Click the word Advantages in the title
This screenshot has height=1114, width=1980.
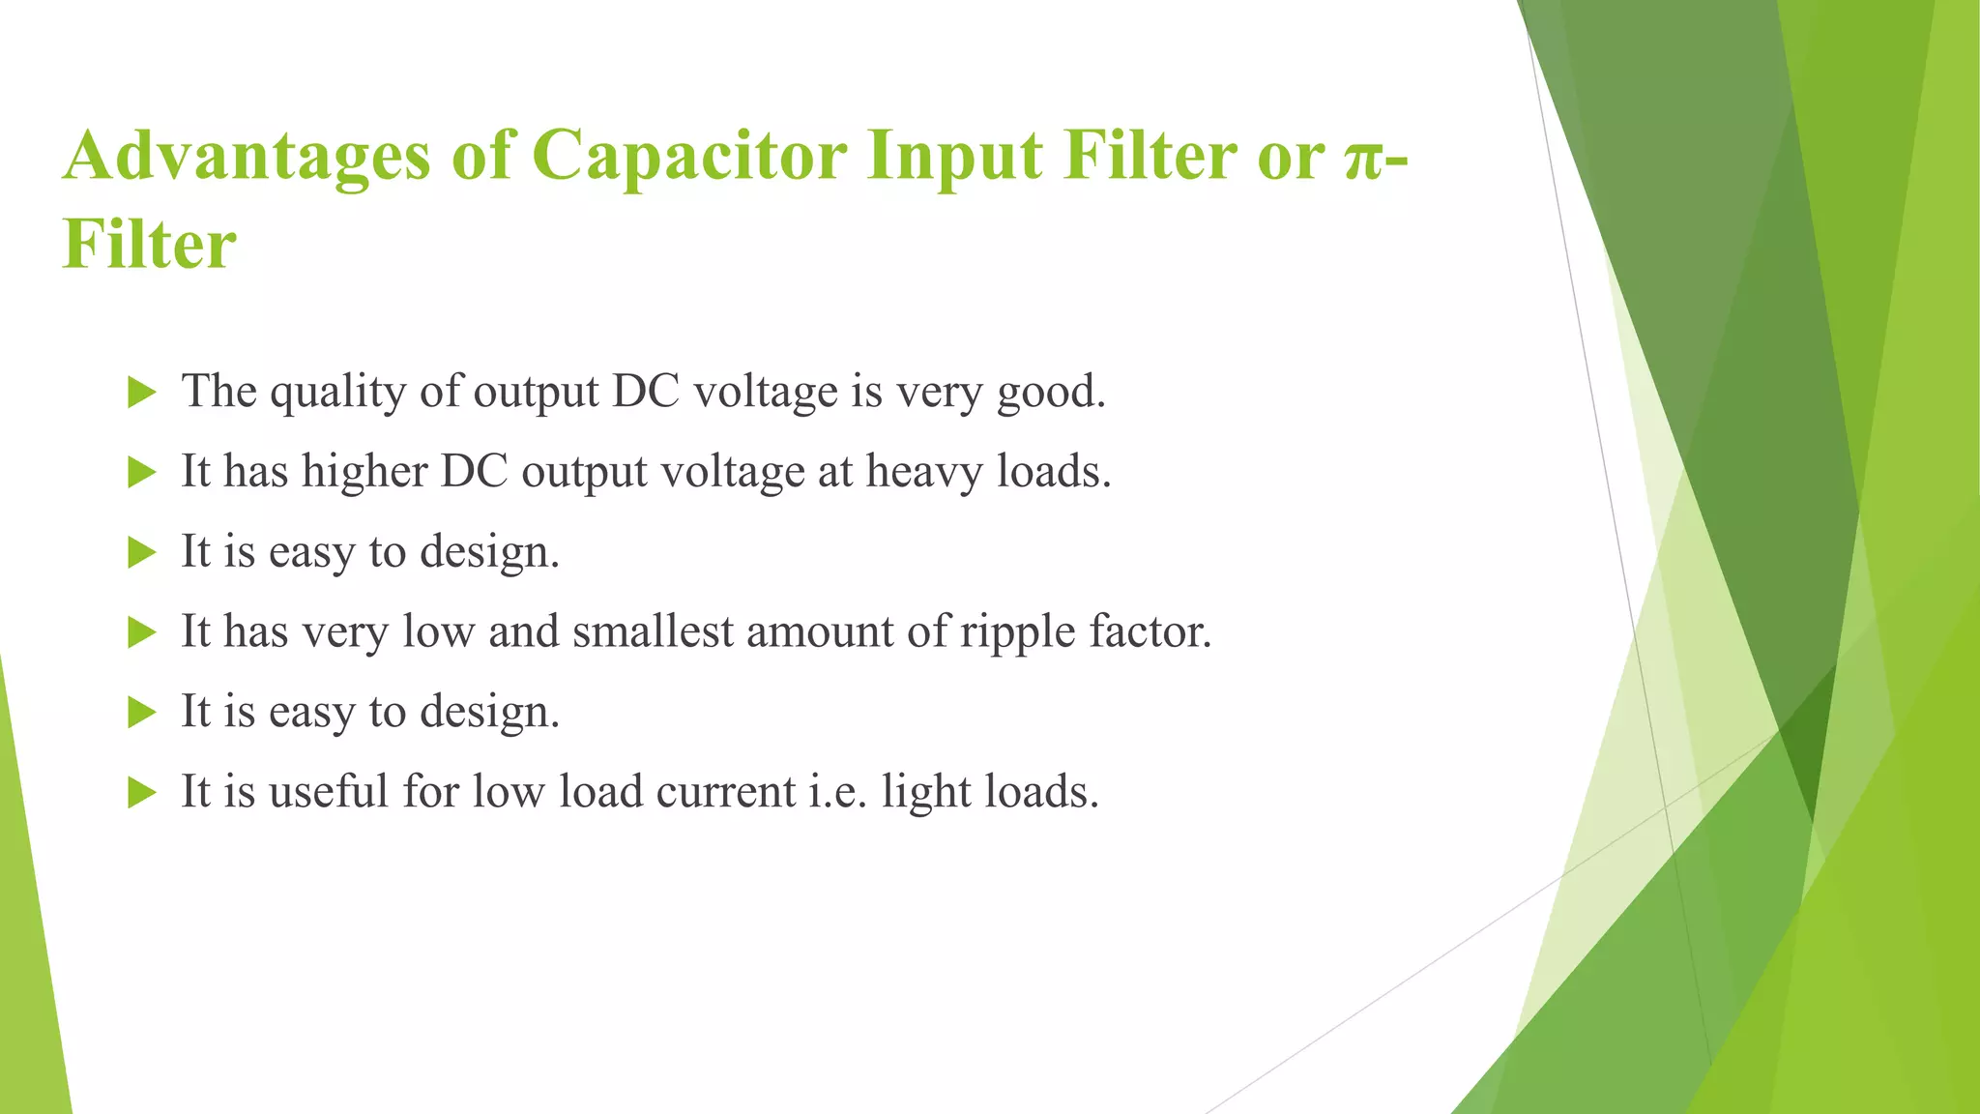[x=247, y=157]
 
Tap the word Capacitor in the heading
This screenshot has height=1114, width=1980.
[x=689, y=157]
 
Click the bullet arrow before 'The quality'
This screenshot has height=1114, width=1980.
[x=142, y=393]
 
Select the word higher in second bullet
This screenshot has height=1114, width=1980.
[x=364, y=472]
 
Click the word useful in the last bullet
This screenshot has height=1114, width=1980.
[x=328, y=791]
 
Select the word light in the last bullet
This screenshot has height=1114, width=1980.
[x=927, y=793]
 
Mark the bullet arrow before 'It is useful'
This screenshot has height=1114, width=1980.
[x=142, y=793]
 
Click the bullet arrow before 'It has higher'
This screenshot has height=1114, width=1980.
[x=142, y=473]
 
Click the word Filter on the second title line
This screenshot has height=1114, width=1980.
[x=149, y=244]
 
